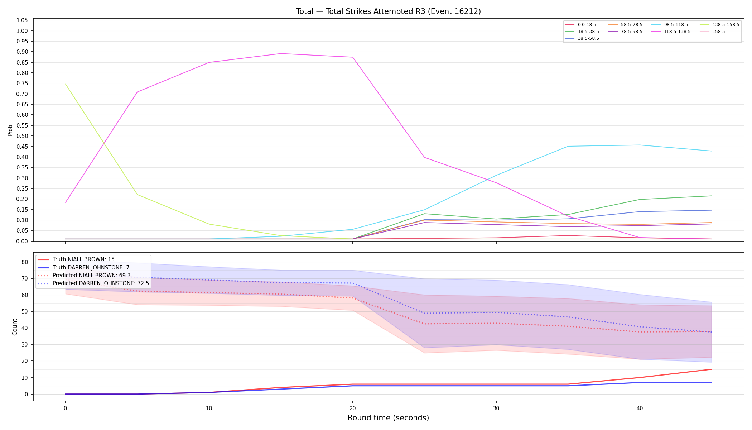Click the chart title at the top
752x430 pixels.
point(388,11)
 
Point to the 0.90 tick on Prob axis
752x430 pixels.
point(22,52)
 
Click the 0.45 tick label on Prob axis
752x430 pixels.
point(22,147)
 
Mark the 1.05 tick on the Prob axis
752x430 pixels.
point(22,20)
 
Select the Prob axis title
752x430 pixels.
point(10,130)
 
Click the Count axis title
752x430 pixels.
point(15,327)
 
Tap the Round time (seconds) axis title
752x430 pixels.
point(388,418)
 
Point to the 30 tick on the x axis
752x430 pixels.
point(496,408)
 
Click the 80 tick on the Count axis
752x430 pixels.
point(25,262)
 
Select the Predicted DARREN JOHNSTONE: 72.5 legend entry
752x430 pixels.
point(93,283)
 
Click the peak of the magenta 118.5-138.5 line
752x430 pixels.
point(281,54)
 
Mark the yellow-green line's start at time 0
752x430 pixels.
point(66,84)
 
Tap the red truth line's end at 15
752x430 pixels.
point(712,369)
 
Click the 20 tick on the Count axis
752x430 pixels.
point(25,361)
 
